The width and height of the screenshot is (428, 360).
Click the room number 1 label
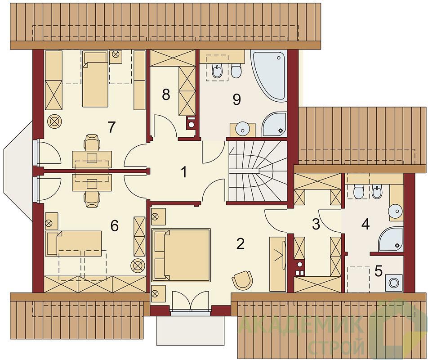[x=184, y=172]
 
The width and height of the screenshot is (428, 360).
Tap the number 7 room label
[x=111, y=127]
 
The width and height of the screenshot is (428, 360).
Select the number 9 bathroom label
[x=236, y=99]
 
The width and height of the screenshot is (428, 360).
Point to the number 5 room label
[x=379, y=271]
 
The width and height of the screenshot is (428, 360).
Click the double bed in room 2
[x=181, y=255]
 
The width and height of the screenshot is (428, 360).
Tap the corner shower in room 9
[x=275, y=125]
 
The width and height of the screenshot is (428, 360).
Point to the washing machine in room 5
[x=394, y=283]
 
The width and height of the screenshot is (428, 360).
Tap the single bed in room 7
[x=95, y=79]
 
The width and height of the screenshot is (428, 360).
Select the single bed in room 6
[x=74, y=243]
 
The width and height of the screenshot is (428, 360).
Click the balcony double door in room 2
[x=190, y=301]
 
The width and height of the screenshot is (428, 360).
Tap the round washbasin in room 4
[x=395, y=211]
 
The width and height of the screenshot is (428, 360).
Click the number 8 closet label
[x=166, y=95]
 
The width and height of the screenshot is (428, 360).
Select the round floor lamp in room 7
[x=55, y=121]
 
